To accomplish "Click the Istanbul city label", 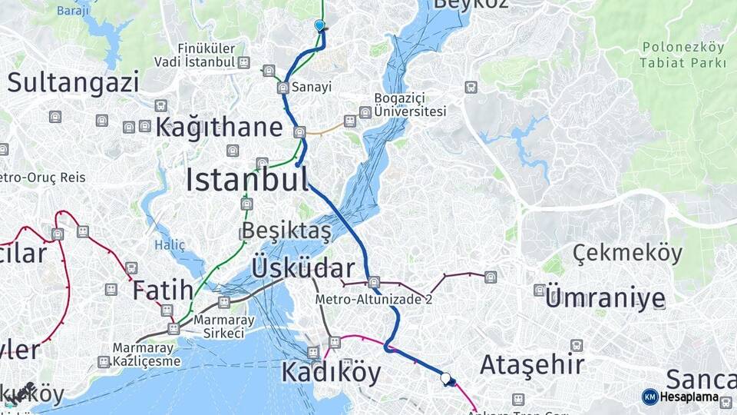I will pos(247,179).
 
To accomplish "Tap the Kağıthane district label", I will pos(220,128).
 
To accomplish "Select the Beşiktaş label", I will pos(286,230).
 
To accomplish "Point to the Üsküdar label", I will pos(303,268).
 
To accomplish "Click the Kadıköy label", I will pos(331,372).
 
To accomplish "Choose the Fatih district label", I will pos(163,290).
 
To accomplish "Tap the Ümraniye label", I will pos(605,298).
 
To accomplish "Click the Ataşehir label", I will pos(532,364).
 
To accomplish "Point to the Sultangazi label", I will pos(74,82).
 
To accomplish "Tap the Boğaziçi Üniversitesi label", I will pos(410,105).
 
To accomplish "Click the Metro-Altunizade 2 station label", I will pos(374,300).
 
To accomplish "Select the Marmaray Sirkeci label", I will pos(219,326).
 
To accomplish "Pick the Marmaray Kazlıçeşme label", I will pos(147,354).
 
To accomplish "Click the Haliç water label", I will pos(170,245).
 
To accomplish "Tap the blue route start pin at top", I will pos(319,25).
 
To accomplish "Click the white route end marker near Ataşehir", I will pos(445,377).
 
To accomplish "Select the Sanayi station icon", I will pos(283,88).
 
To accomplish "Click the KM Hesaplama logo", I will pos(681,397).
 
